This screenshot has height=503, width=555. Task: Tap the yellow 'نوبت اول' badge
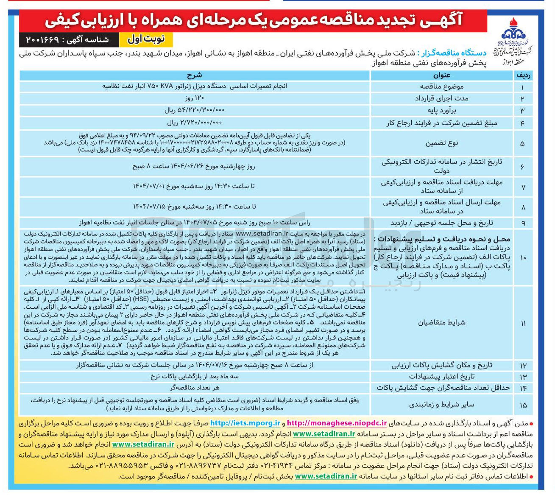pyautogui.click(x=146, y=39)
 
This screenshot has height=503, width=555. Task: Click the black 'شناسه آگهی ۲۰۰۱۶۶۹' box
pyautogui.click(x=68, y=39)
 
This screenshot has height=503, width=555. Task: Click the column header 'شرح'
pyautogui.click(x=195, y=75)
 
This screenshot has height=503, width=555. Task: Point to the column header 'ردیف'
pyautogui.click(x=523, y=75)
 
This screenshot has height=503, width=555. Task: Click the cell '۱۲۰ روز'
pyautogui.click(x=195, y=98)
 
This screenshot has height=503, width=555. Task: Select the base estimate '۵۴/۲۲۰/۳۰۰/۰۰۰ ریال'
pyautogui.click(x=195, y=110)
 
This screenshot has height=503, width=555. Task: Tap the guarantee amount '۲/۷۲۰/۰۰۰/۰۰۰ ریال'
pyautogui.click(x=195, y=123)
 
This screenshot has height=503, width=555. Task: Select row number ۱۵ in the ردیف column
pyautogui.click(x=523, y=405)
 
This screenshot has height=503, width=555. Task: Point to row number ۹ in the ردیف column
pyautogui.click(x=523, y=223)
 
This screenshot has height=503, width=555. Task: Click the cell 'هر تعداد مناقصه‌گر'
pyautogui.click(x=195, y=388)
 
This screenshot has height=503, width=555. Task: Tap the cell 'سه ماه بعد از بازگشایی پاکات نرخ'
pyautogui.click(x=195, y=376)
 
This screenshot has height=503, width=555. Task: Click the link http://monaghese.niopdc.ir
pyautogui.click(x=337, y=423)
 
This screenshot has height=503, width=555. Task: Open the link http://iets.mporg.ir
pyautogui.click(x=245, y=423)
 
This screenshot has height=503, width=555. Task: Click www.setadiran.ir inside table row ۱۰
pyautogui.click(x=262, y=233)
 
